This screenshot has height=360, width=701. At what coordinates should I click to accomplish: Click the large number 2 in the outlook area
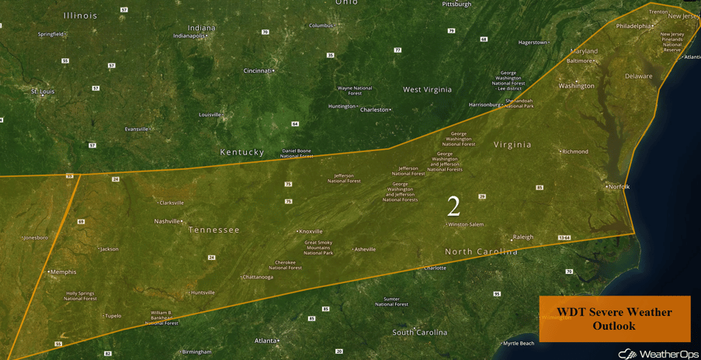point(453,206)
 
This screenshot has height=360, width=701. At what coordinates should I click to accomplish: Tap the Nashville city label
point(167,221)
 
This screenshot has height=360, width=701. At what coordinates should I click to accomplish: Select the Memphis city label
point(63,272)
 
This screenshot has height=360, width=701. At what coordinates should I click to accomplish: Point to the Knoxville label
point(311,231)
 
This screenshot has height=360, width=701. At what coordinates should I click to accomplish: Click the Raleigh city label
point(523,237)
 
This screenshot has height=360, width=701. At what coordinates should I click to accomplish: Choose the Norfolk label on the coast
point(619,187)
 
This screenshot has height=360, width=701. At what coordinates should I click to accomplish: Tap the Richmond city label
point(575,152)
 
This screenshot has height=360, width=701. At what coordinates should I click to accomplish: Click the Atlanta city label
point(265,341)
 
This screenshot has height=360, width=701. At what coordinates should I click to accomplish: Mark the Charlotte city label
point(435,268)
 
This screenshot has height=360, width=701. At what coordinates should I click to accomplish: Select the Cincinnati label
point(258,71)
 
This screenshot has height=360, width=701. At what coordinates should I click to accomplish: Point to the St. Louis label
point(42,92)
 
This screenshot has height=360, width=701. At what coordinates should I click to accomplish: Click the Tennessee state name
point(213,230)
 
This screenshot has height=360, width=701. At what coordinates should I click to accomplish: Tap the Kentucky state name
point(242,152)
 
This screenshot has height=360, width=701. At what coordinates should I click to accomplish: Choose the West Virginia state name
point(427,89)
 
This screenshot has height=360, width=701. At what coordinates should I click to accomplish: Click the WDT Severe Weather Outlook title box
point(614,318)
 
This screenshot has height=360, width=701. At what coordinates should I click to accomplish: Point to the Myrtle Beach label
point(519,343)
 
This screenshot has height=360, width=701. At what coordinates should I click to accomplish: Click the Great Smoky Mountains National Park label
point(318,247)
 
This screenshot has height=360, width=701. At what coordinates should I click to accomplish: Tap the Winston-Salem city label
point(466,225)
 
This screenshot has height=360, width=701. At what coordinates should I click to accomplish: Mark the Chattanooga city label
point(258,277)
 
